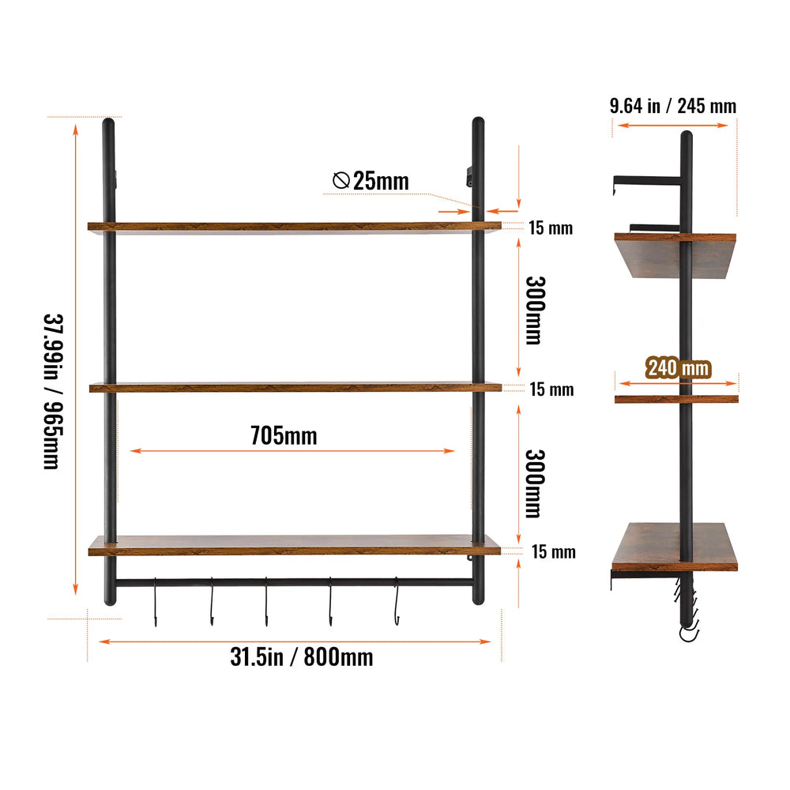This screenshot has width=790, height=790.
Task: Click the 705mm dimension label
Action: [x=284, y=436]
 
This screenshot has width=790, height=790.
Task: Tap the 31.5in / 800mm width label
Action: [x=301, y=657]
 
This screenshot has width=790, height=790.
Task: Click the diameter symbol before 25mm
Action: [x=341, y=180]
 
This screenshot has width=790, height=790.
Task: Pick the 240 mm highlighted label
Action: [x=678, y=368]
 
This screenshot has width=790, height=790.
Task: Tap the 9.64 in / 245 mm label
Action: [x=673, y=106]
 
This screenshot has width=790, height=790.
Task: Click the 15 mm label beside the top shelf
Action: [x=551, y=228]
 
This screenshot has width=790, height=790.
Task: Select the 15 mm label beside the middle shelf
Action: [x=551, y=389]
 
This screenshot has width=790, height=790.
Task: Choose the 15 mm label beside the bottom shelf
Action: [x=554, y=551]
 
